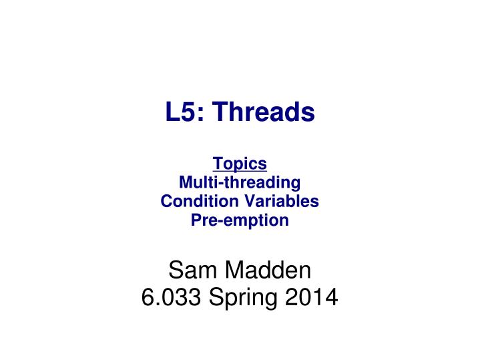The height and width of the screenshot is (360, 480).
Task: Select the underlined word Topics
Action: tap(240, 163)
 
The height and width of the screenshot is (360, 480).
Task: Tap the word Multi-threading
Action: tap(240, 182)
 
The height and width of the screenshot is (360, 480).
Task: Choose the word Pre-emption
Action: tap(240, 220)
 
